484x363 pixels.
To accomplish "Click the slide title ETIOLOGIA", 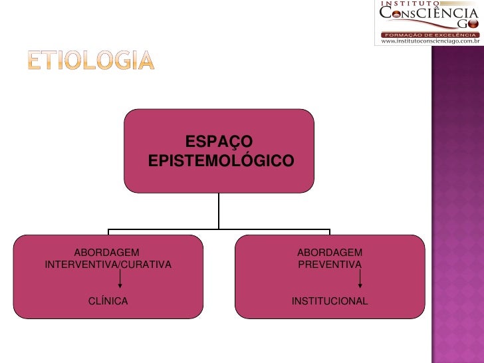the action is click(x=90, y=61).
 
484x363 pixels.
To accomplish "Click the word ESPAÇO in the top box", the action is click(x=219, y=142).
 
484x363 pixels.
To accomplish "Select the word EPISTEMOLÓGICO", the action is click(x=220, y=162).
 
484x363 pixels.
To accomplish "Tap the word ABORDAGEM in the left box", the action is click(x=106, y=252).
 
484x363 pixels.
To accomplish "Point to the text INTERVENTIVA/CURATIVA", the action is click(x=108, y=265).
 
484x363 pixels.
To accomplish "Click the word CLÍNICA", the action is click(x=108, y=301).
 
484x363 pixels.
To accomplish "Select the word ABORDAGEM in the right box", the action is click(x=329, y=252).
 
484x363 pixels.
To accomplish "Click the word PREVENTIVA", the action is click(x=329, y=265).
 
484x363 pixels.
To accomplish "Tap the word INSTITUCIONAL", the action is click(x=329, y=301).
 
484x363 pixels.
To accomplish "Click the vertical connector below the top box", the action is click(x=219, y=211).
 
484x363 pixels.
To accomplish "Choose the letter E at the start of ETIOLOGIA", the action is click(x=34, y=61).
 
